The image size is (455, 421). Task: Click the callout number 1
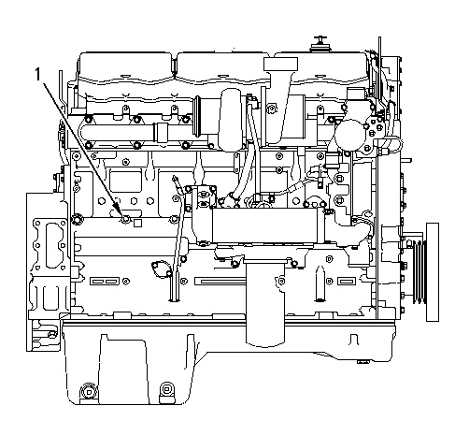(37, 75)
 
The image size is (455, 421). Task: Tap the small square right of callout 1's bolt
(137, 223)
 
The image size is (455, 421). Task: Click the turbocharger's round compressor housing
(231, 119)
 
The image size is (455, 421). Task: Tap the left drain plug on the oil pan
(89, 391)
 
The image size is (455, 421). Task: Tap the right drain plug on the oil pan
(167, 391)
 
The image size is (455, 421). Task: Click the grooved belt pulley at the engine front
(419, 271)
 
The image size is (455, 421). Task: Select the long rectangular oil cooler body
(268, 225)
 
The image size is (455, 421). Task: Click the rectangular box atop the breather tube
(280, 64)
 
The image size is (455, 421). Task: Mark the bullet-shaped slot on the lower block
(320, 283)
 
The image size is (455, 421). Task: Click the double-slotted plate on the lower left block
(105, 282)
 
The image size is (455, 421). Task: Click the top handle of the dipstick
(176, 179)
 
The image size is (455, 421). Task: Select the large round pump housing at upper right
(349, 136)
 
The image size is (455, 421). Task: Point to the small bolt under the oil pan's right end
(363, 362)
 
